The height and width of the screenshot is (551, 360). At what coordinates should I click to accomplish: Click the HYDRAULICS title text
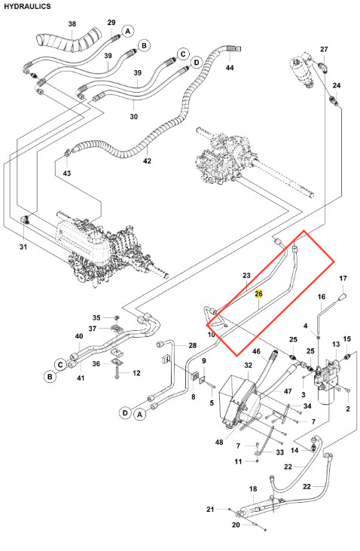tap(27, 6)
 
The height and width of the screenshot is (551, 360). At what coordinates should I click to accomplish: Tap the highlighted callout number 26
tap(258, 294)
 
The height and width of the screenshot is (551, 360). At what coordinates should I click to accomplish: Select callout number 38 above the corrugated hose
tap(72, 24)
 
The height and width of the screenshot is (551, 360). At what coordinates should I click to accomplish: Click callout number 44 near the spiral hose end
tap(230, 68)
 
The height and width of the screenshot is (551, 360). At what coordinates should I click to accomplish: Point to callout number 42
tap(147, 161)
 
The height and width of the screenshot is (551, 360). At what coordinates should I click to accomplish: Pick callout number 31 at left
tap(23, 247)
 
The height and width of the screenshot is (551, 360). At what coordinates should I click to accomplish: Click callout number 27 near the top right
tap(324, 49)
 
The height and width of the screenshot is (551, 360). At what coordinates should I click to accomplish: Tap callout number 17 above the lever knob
tap(343, 278)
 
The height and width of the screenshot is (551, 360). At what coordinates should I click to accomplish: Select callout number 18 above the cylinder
tap(253, 488)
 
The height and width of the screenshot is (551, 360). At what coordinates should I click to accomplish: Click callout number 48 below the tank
tap(219, 442)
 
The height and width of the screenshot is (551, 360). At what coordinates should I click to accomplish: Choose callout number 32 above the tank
tap(249, 365)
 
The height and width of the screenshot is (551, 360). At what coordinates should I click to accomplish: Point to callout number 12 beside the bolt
tap(136, 373)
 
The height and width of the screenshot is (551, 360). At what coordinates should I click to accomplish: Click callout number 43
tap(67, 173)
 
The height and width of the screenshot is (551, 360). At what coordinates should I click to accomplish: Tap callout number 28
tap(193, 345)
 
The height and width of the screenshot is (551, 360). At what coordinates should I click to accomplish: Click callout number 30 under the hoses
tap(134, 116)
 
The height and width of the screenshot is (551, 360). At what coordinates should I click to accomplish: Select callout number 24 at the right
tap(337, 85)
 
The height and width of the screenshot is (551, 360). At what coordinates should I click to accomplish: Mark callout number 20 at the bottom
tap(236, 525)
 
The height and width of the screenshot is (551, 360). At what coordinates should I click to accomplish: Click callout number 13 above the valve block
tap(336, 344)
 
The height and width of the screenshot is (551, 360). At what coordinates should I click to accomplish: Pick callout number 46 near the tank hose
tap(256, 351)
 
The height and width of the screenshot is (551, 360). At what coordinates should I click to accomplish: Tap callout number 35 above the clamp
tap(96, 317)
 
